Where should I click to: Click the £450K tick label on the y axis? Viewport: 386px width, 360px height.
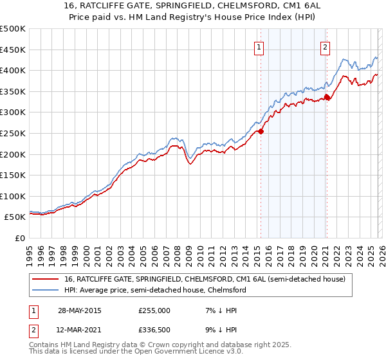click(x=13, y=50)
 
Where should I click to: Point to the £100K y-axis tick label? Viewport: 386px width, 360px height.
click(x=13, y=196)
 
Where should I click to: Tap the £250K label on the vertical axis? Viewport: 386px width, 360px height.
click(x=13, y=133)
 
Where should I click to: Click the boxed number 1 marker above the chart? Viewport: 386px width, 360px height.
click(x=259, y=46)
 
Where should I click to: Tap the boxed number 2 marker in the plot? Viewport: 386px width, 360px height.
click(x=326, y=46)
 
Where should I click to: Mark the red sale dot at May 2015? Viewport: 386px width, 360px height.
click(x=261, y=131)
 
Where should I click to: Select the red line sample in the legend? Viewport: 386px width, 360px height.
click(x=46, y=279)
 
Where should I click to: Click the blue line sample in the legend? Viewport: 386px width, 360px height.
click(x=46, y=291)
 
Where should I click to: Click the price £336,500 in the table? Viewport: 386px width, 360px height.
click(x=154, y=331)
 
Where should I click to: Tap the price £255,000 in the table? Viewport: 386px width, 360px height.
click(x=154, y=310)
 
